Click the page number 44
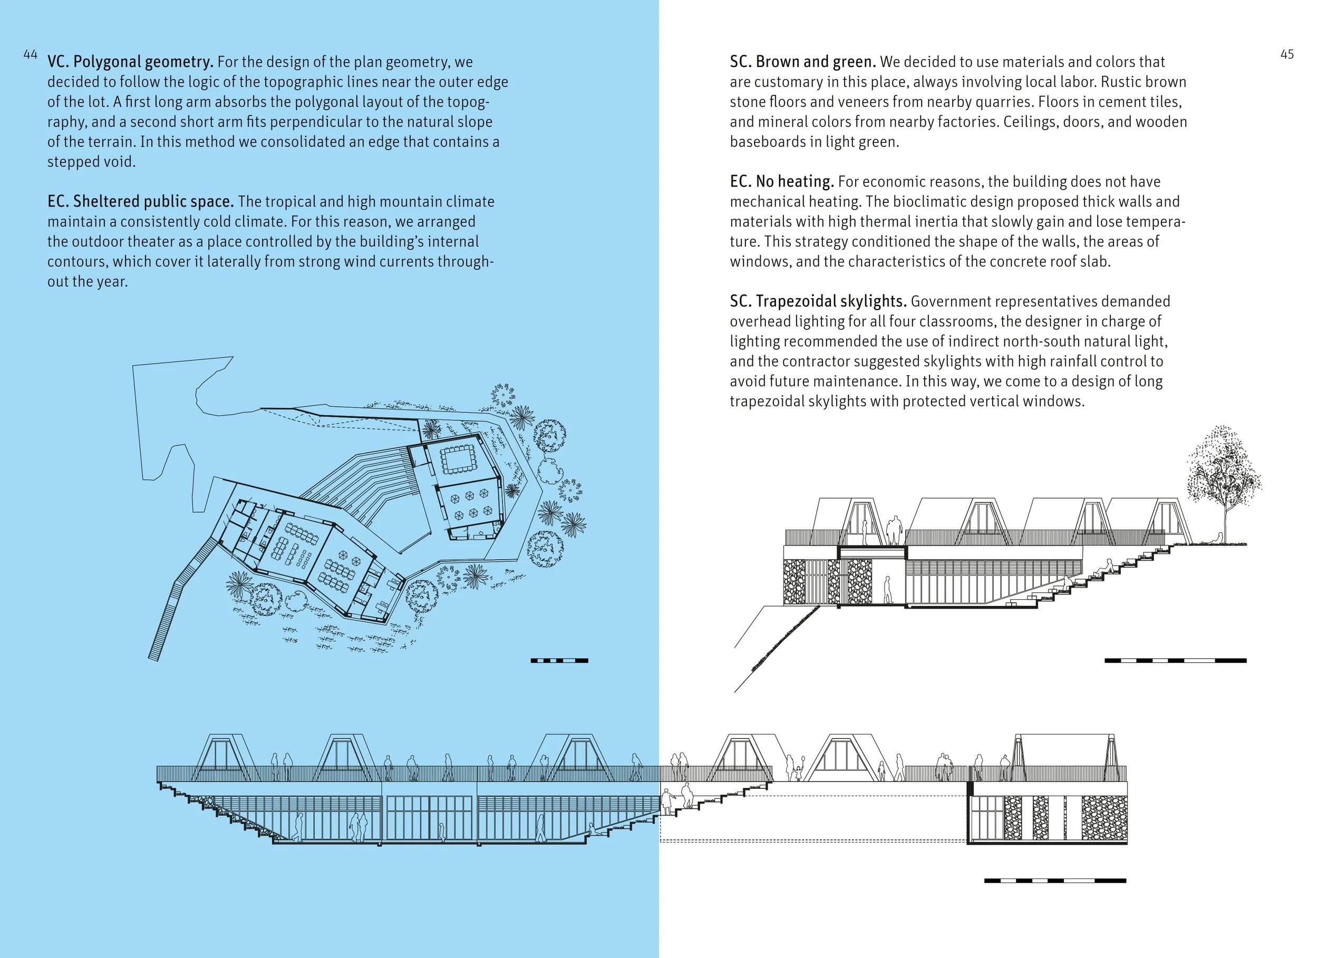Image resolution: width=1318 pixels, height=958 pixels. pos(30,55)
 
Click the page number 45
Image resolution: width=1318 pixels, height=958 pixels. pos(1286,55)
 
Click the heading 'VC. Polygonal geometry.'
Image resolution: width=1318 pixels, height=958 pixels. pos(130,62)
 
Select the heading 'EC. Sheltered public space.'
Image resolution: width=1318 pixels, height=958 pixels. pos(140,202)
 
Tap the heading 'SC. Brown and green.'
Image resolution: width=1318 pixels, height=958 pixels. pos(802,62)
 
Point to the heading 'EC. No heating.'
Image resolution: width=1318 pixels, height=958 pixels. pos(782,181)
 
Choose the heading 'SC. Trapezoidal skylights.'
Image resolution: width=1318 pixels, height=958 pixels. pos(818,301)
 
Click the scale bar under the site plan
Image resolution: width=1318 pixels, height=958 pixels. pos(559,661)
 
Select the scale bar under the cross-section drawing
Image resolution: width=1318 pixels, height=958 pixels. pos(1175,661)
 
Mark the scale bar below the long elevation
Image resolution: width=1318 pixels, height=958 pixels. pos(1055,881)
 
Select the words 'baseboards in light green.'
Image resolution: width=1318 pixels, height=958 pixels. pos(814,142)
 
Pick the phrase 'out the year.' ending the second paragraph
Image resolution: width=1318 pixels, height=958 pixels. pos(87,282)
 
